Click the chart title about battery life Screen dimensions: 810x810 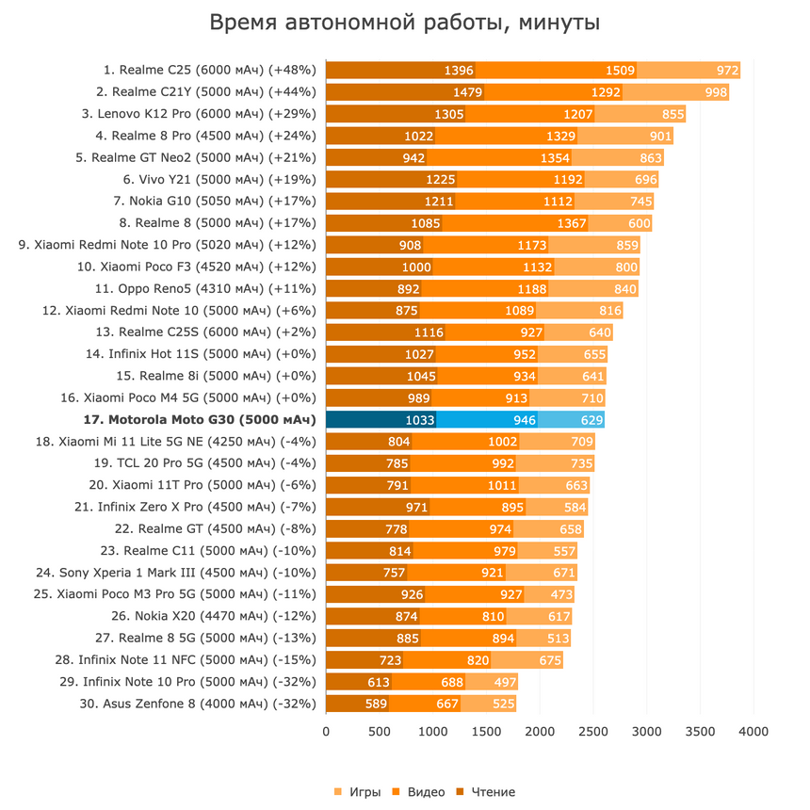(404, 23)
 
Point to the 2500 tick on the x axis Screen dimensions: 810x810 (592, 731)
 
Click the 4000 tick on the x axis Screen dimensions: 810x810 (753, 731)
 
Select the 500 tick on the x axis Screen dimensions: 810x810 (380, 731)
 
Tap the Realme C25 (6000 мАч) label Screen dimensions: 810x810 (209, 70)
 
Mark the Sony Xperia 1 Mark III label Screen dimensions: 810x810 (175, 572)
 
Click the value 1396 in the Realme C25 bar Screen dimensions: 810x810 (459, 70)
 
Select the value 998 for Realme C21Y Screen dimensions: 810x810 (716, 91)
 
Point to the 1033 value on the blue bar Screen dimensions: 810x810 (420, 419)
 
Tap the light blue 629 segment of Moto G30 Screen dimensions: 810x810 (591, 419)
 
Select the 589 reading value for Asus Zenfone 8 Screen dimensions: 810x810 (377, 704)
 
